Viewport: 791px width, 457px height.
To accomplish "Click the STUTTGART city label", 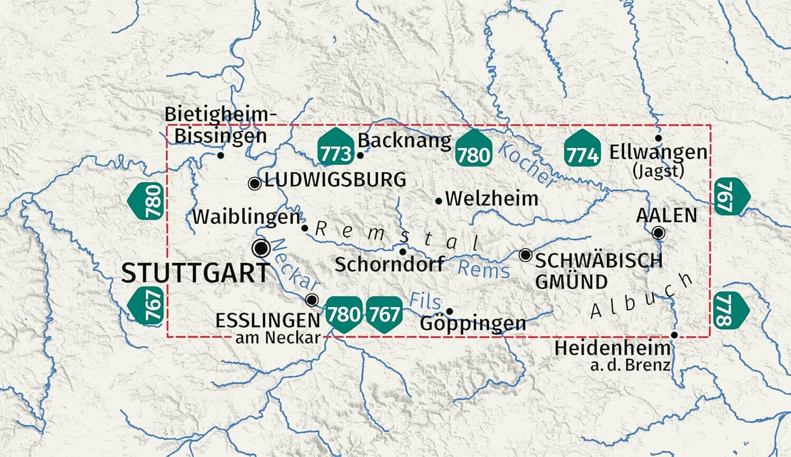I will (196, 273).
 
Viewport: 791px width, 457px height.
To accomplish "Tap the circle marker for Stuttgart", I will (261, 248).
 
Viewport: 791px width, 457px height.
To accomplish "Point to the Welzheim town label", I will (491, 199).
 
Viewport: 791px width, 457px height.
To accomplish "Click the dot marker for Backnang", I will (360, 155).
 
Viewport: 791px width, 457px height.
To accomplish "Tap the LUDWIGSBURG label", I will (335, 180).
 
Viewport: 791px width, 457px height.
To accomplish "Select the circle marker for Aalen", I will (659, 232).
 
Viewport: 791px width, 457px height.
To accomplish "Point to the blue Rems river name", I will (484, 269).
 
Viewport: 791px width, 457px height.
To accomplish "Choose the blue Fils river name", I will (425, 301).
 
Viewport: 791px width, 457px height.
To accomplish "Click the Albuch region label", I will (641, 297).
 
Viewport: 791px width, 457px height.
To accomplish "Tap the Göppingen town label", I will (473, 323).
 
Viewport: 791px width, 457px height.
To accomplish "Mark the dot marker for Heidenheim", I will (674, 335).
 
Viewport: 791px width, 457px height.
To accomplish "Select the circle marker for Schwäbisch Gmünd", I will (525, 255).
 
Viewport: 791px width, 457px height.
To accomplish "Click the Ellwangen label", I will (658, 152).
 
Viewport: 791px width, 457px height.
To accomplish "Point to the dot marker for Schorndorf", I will (403, 252).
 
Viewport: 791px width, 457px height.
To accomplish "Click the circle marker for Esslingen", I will (312, 300).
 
